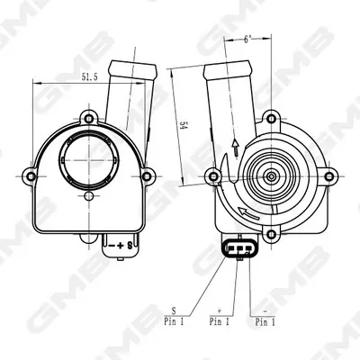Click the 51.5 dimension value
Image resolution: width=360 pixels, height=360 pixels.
coord(90,76)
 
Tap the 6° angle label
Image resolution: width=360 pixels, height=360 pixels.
coord(247,40)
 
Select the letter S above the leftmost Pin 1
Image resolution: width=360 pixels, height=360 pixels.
coord(174,310)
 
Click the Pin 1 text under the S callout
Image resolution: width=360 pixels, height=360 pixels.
coord(174,322)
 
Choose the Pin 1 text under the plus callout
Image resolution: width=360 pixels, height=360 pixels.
coord(220,322)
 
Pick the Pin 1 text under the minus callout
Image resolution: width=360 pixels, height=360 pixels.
coord(265,322)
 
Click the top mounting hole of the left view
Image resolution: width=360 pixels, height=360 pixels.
coord(88,118)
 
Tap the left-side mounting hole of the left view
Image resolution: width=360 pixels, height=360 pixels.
coord(31,176)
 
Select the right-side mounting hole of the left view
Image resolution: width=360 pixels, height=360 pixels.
coord(147,176)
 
